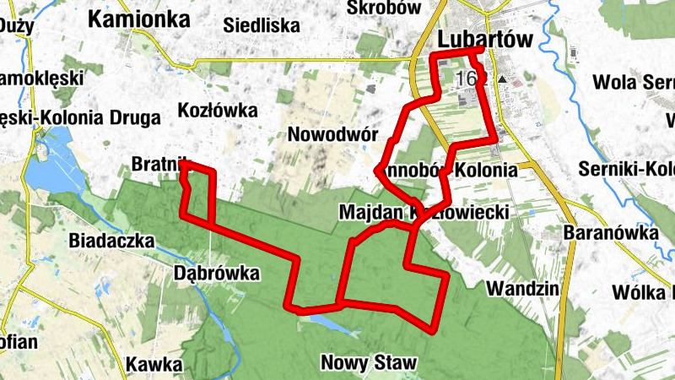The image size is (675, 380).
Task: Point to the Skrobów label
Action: (x=383, y=8)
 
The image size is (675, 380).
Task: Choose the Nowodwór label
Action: (x=330, y=134)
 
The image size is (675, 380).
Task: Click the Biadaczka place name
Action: (x=113, y=241)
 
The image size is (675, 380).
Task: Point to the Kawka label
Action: (x=154, y=365)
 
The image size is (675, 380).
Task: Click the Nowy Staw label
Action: (x=369, y=363)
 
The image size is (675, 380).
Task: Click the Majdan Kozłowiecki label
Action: (x=424, y=211)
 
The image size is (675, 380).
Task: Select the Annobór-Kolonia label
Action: (x=450, y=170)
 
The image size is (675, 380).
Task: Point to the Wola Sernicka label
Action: (x=633, y=83)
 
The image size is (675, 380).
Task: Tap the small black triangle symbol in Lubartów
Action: (x=503, y=79)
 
